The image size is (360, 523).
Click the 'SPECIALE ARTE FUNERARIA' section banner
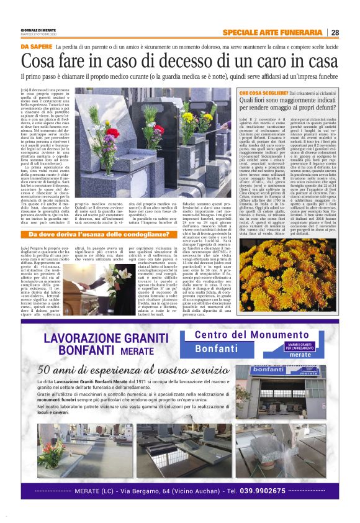click(x=272, y=32)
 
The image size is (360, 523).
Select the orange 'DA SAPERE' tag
click(x=36, y=47)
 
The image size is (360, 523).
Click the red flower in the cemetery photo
click(x=113, y=132)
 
